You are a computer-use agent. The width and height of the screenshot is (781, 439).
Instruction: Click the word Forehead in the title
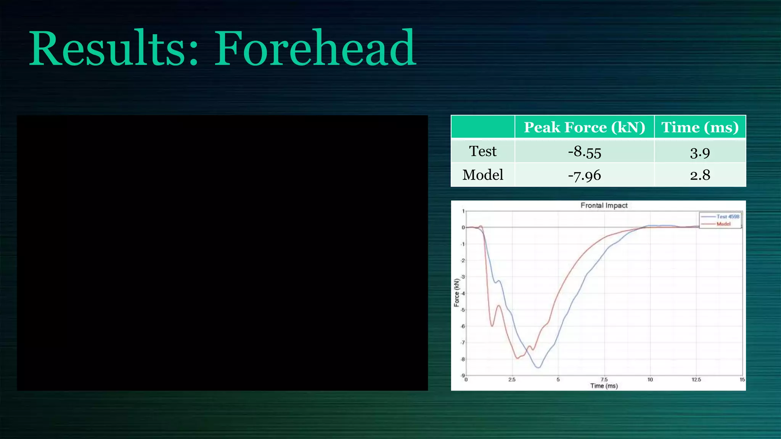click(x=315, y=49)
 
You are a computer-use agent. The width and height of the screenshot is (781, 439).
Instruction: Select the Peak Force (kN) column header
click(x=584, y=127)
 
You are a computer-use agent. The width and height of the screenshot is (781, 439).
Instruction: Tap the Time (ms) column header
click(x=700, y=127)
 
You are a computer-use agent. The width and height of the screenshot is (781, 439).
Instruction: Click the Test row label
click(x=483, y=151)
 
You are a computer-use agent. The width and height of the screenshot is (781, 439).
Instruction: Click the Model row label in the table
click(x=483, y=175)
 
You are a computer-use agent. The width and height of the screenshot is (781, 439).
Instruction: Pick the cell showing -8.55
click(x=584, y=152)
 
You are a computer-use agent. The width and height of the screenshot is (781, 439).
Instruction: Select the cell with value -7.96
click(x=584, y=175)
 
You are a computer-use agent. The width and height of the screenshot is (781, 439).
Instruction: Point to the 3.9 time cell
click(x=700, y=152)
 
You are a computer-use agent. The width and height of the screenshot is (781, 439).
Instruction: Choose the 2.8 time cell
click(x=700, y=175)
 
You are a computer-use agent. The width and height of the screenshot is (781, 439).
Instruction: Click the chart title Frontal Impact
click(x=604, y=205)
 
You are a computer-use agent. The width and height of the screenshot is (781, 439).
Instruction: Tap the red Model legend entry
click(x=723, y=224)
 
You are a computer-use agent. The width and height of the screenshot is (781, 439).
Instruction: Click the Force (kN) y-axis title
click(x=456, y=293)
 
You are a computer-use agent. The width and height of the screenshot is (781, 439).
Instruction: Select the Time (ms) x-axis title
click(x=604, y=386)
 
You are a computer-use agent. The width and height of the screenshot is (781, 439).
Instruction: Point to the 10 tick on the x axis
click(x=650, y=380)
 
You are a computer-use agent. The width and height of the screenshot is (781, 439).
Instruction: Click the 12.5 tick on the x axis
click(x=696, y=380)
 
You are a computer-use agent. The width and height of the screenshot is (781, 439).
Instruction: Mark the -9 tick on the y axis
click(x=463, y=376)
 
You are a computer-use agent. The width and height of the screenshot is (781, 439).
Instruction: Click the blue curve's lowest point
click(x=538, y=368)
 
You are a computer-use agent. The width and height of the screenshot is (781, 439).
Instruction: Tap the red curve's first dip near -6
click(x=492, y=326)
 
